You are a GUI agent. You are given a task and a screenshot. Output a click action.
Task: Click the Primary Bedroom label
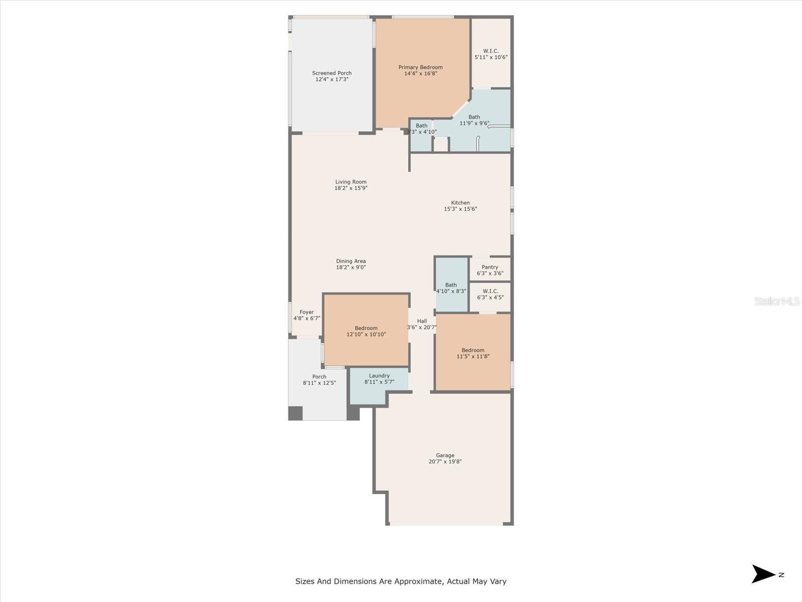(421, 67)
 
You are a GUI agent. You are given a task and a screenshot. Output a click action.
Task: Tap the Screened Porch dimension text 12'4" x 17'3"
(332, 79)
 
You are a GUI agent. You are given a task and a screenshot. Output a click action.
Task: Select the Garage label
(445, 456)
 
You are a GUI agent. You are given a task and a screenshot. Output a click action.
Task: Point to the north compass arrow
(763, 574)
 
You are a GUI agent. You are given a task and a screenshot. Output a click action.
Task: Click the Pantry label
(490, 267)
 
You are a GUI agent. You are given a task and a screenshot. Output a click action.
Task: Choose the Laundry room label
(379, 376)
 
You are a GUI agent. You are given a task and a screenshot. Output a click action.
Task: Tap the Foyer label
(307, 312)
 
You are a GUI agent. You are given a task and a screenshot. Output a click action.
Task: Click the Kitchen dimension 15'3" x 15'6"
(460, 209)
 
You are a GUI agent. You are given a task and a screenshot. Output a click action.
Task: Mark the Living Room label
(351, 182)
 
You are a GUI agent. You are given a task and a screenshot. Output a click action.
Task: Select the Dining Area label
(351, 261)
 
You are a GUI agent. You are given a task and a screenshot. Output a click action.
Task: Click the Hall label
(422, 321)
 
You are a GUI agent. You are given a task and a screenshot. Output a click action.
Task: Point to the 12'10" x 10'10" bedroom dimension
(366, 335)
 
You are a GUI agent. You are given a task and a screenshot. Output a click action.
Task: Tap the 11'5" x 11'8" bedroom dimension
(473, 356)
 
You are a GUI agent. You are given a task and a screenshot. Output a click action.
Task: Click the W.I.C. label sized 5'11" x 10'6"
(491, 51)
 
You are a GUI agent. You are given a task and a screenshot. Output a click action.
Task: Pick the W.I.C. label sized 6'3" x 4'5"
(490, 291)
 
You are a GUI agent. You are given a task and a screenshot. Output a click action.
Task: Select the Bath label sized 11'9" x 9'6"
(474, 117)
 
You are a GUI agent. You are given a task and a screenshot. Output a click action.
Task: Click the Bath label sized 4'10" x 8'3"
(451, 285)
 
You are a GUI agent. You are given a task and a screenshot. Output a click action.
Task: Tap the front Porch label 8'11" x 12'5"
(319, 377)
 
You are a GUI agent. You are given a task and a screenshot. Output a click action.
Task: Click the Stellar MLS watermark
(777, 302)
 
